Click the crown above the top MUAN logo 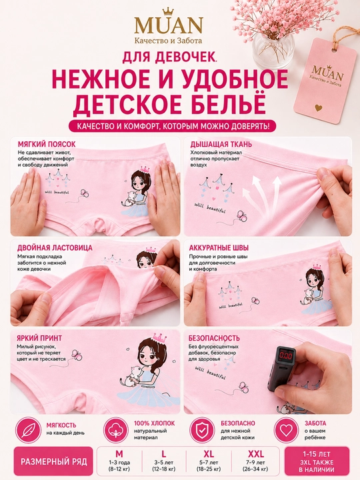click(168, 12)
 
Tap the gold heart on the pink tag click(319, 108)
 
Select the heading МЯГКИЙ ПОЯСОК click(47, 144)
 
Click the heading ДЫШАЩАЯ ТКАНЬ click(221, 144)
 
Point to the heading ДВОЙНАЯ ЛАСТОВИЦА click(55, 247)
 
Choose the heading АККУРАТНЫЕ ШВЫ click(219, 247)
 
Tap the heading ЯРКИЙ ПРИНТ click(39, 338)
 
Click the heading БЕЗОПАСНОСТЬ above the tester click(214, 338)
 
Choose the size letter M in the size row click(119, 454)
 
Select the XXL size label click(255, 454)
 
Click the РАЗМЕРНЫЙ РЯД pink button click(53, 461)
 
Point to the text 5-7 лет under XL click(209, 463)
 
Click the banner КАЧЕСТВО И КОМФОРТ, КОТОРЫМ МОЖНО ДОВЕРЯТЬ click(173, 127)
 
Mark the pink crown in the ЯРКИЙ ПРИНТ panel click(159, 338)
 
